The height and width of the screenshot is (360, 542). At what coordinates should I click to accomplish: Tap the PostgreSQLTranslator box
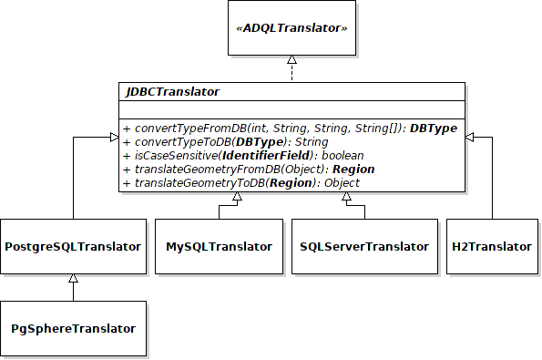73,247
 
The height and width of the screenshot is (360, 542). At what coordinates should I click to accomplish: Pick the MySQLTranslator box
219,247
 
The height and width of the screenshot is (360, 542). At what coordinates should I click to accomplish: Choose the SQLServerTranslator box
363,247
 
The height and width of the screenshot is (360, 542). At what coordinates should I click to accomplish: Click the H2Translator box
492,247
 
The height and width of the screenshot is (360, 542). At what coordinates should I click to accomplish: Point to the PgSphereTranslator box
73,328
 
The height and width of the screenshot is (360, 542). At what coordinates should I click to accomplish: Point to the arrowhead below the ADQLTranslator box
291,60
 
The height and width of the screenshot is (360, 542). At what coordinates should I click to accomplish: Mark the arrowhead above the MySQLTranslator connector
219,198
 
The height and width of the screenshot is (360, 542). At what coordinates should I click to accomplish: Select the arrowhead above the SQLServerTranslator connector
347,198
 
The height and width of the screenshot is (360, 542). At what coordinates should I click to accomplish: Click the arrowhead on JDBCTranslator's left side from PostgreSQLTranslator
113,137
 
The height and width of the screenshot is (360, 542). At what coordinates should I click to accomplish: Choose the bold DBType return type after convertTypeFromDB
433,129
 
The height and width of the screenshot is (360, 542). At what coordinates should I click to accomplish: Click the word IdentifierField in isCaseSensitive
274,156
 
